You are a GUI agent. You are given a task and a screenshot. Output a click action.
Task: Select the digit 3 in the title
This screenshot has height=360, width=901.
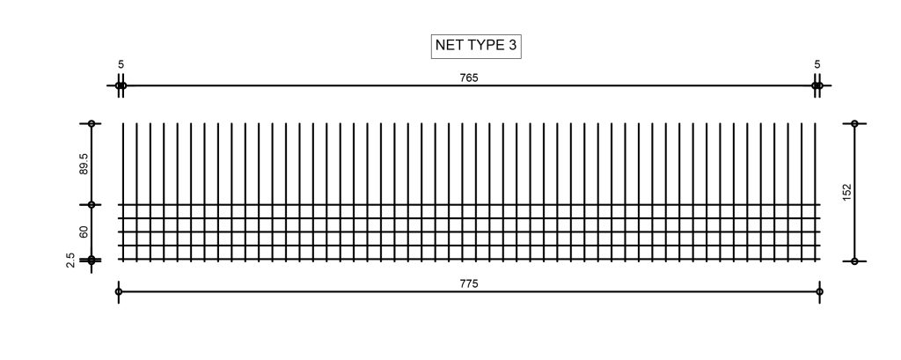pos(511,47)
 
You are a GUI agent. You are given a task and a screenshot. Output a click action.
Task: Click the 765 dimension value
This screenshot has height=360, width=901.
pos(469,77)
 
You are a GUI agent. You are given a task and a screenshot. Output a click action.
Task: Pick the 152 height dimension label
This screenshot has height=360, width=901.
pos(846,193)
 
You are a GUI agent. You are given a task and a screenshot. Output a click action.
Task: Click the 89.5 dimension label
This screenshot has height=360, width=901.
pos(84,165)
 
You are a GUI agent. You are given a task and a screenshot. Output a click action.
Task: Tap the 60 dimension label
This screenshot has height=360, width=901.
pos(84,232)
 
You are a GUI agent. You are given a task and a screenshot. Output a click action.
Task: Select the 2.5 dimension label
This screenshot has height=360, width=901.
pos(70,261)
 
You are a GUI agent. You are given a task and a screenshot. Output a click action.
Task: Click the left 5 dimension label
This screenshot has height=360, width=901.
pos(121,64)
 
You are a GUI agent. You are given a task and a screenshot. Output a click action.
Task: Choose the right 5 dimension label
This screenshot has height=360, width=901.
pos(817,64)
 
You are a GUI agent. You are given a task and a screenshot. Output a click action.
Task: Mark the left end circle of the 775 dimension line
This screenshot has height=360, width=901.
pos(118,291)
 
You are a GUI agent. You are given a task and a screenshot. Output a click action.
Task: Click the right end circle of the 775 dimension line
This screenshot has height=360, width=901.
pos(820,291)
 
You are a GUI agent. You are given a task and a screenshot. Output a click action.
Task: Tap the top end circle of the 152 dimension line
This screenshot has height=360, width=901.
pos(854,124)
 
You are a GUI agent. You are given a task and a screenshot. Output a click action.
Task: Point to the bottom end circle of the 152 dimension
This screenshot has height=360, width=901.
pos(854,261)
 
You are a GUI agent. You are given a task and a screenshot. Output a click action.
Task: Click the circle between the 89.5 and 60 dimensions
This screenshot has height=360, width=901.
pos(92,205)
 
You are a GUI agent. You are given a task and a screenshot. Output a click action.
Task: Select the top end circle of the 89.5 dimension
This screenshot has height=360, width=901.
pos(92,124)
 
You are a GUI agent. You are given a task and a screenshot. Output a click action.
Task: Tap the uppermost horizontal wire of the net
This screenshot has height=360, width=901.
pos(469,205)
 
